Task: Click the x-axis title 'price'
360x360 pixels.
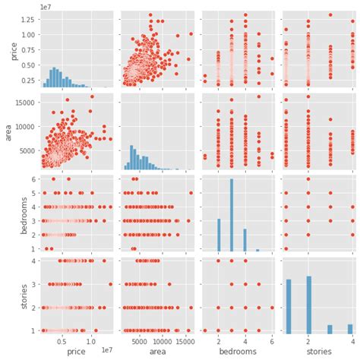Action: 76,352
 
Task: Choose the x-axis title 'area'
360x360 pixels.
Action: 158,352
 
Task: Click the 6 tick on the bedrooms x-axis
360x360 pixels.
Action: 272,341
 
